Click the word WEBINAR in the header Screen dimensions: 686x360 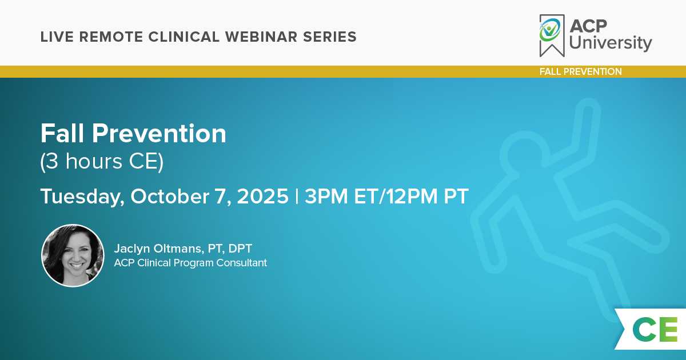tap(261, 37)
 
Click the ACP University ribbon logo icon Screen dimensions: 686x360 tap(552, 35)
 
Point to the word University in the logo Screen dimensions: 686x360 tap(611, 43)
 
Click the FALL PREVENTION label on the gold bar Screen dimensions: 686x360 tap(581, 71)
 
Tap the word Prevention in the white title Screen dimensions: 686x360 tap(159, 134)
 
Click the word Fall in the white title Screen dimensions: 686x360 tap(62, 134)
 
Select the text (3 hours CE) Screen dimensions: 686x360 tap(102, 161)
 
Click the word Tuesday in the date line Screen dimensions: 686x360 tap(82, 197)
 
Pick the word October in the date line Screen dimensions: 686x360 tap(170, 196)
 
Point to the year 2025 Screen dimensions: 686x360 tap(263, 196)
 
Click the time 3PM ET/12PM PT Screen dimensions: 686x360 tap(386, 196)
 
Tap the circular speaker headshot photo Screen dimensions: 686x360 tap(73, 255)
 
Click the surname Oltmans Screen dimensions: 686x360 tap(178, 248)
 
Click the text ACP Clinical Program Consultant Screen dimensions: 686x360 tap(190, 263)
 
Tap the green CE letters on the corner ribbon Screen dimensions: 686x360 tap(655, 329)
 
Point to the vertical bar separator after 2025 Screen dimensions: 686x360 tap(297, 196)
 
